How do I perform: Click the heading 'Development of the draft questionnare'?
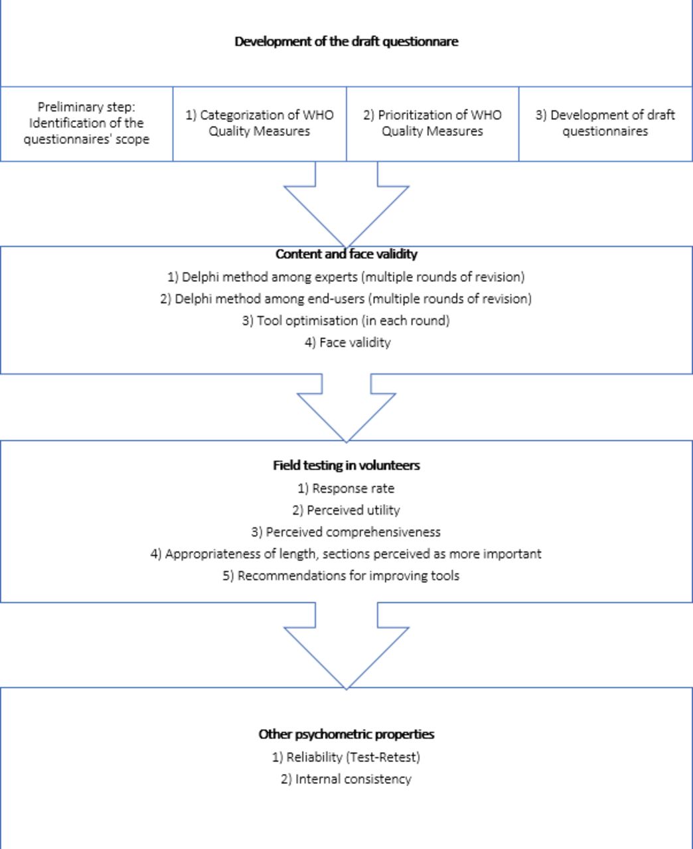tap(346, 42)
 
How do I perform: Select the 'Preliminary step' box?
tap(86, 123)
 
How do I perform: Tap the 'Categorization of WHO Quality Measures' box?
tap(260, 123)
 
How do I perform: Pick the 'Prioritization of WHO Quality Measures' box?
tap(432, 123)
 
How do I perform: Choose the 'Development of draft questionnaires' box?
tap(605, 123)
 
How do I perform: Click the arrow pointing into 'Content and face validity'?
tap(346, 204)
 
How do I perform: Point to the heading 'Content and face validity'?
tap(346, 254)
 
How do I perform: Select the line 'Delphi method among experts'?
tap(346, 277)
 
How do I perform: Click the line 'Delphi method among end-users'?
tap(346, 298)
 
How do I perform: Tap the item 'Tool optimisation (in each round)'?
tap(346, 320)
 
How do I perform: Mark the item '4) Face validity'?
tap(348, 342)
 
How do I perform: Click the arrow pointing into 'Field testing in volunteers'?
tap(346, 407)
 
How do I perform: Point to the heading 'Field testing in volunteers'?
tap(346, 466)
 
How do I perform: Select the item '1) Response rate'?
tap(346, 488)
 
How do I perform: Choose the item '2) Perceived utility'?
tap(346, 510)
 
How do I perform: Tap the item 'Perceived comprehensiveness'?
tap(346, 532)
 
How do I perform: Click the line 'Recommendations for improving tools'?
tap(341, 576)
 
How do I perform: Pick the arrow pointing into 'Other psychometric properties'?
tap(346, 646)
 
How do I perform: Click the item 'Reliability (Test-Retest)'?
tap(346, 757)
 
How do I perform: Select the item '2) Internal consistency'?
tap(346, 779)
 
